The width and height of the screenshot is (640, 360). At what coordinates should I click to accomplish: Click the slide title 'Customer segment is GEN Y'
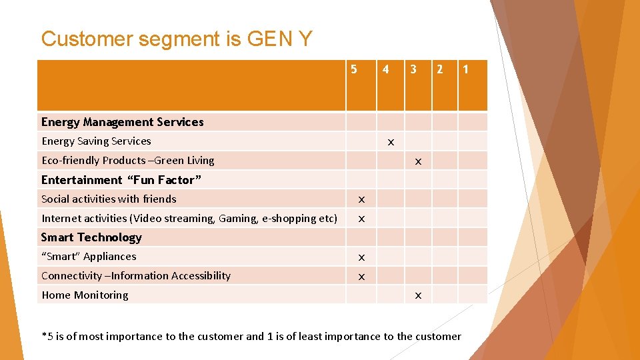tap(176, 39)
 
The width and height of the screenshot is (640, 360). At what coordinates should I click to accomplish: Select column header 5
tap(354, 69)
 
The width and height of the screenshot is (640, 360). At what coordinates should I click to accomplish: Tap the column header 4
tap(385, 69)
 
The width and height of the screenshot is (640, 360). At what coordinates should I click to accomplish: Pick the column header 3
tap(413, 69)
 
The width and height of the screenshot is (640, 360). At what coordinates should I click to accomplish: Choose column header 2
tap(439, 69)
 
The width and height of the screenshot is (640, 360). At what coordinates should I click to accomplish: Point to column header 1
tap(465, 69)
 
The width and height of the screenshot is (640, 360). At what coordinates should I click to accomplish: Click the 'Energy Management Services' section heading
tap(123, 122)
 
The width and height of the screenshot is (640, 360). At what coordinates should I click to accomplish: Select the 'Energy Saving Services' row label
tap(97, 141)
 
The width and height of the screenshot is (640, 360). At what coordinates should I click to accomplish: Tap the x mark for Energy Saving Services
tap(391, 142)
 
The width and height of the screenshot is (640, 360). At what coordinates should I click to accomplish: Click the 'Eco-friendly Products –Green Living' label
tap(128, 161)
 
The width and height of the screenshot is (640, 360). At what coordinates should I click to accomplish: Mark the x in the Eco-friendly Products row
tap(418, 161)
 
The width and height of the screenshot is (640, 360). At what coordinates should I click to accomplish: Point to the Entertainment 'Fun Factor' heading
tap(121, 180)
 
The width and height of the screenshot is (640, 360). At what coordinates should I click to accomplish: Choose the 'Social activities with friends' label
tap(109, 199)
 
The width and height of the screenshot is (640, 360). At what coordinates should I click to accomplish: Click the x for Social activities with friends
tap(361, 199)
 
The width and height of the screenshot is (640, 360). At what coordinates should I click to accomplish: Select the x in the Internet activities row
tap(361, 219)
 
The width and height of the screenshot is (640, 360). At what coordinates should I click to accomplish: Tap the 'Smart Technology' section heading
tap(91, 237)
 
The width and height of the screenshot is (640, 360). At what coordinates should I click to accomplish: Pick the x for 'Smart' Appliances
tap(361, 257)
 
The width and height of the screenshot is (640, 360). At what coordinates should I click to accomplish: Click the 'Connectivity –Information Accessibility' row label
tap(136, 276)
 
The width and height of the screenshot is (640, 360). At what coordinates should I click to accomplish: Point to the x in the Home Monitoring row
tap(418, 295)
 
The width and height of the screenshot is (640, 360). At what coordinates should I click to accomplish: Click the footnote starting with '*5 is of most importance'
tap(251, 336)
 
